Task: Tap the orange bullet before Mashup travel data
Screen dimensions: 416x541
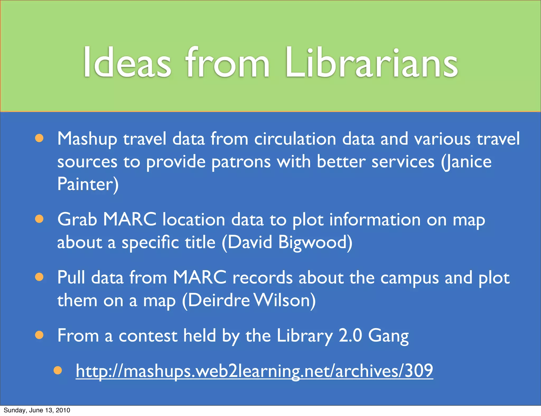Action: pos(39,138)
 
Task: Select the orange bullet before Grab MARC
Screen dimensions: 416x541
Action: pos(39,219)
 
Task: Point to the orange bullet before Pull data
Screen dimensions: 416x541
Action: pos(39,277)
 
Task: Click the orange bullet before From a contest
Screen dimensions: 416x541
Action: pos(39,335)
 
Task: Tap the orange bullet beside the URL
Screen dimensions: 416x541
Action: pos(58,370)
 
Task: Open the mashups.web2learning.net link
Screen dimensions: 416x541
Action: pos(254,371)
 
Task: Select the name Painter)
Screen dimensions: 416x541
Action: pos(88,184)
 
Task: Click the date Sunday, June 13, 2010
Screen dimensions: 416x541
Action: pos(37,410)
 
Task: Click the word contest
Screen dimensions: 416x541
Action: pos(148,336)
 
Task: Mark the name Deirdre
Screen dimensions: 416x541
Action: pos(219,300)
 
